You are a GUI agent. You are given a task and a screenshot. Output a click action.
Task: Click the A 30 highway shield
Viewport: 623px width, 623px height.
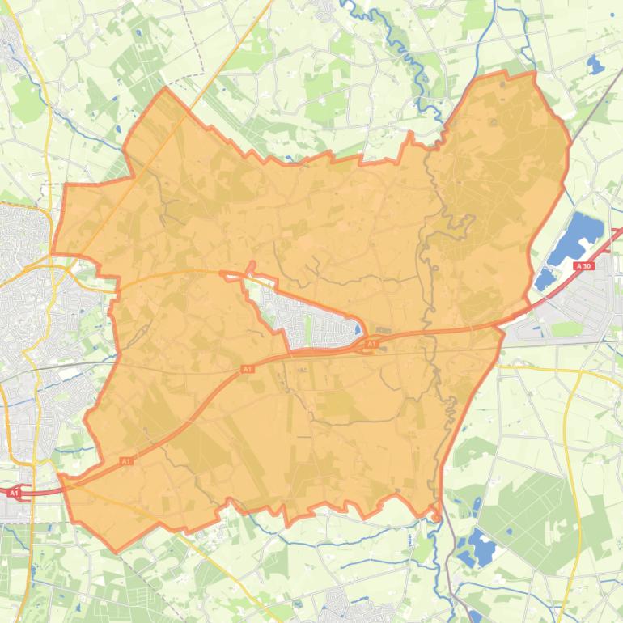[x=583, y=266]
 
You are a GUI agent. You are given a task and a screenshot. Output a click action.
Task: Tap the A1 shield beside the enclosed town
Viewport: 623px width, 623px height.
[x=371, y=345]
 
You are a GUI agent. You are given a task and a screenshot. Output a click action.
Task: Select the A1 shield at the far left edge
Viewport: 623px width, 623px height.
[x=14, y=492]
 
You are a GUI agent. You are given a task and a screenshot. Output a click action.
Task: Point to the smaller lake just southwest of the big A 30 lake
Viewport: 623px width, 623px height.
[x=545, y=279]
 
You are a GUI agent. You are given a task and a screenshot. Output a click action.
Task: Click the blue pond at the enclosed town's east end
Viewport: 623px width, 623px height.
[x=357, y=329]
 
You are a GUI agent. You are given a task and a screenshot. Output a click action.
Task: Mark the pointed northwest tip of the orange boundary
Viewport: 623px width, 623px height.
[x=165, y=88]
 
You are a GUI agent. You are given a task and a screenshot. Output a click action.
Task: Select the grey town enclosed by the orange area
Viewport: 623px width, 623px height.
[x=311, y=320]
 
